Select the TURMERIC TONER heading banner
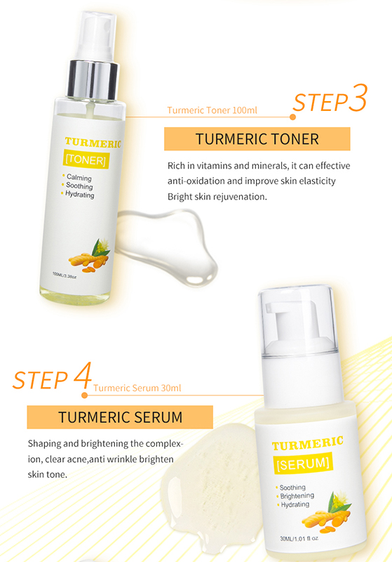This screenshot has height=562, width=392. pyautogui.click(x=257, y=138)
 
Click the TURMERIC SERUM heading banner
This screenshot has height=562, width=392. pyautogui.click(x=120, y=417)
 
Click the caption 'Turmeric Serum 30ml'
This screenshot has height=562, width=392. pyautogui.click(x=137, y=388)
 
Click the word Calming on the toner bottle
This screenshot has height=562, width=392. pyautogui.click(x=79, y=178)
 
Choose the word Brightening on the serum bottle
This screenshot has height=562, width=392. pyautogui.click(x=297, y=496)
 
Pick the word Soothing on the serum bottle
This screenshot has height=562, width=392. pyautogui.click(x=292, y=488)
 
